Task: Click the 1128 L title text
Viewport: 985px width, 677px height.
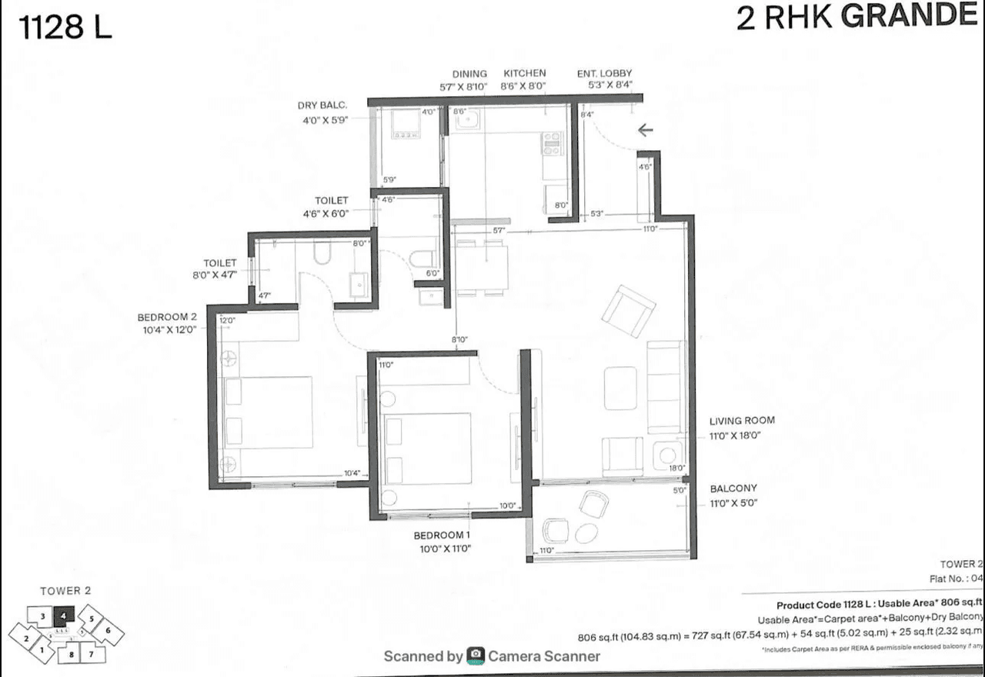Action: (66, 28)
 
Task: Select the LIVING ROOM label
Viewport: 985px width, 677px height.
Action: (742, 421)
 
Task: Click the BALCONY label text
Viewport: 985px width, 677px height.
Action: (733, 489)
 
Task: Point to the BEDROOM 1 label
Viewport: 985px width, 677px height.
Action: (442, 535)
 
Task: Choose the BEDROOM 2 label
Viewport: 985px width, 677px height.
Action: (168, 317)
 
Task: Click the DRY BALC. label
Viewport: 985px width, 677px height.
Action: (323, 105)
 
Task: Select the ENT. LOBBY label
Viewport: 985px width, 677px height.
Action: (604, 74)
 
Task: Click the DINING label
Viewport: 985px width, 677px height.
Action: (469, 74)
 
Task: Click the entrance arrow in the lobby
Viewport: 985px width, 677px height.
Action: (645, 130)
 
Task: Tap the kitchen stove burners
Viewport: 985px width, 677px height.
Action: (552, 144)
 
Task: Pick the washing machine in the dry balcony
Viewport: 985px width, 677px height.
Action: (406, 125)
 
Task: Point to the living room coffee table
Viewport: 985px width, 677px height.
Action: (620, 388)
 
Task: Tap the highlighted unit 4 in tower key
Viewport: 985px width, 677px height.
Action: (64, 614)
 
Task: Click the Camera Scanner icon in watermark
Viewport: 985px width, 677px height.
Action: (476, 656)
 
